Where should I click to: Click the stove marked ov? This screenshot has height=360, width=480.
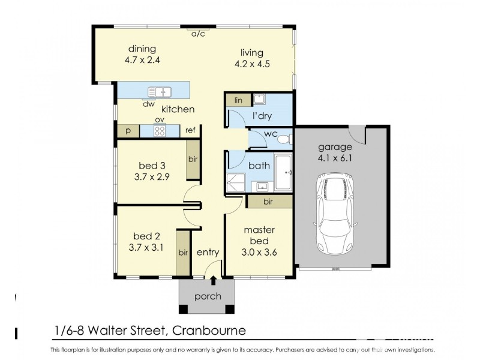pyautogui.click(x=160, y=131)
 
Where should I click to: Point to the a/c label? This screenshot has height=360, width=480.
pyautogui.click(x=198, y=34)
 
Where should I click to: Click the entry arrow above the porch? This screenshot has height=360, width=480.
pyautogui.click(x=213, y=280)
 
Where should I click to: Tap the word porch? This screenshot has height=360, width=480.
pyautogui.click(x=208, y=296)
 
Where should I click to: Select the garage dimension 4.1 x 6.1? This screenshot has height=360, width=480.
pyautogui.click(x=335, y=159)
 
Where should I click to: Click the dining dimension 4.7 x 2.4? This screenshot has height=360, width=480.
pyautogui.click(x=142, y=60)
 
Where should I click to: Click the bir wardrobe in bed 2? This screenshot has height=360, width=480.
pyautogui.click(x=183, y=253)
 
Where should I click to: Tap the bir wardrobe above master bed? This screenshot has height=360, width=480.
pyautogui.click(x=268, y=202)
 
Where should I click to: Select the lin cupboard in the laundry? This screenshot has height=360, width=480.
pyautogui.click(x=238, y=100)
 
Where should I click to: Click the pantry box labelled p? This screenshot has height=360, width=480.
pyautogui.click(x=128, y=131)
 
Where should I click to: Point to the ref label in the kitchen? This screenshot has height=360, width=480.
pyautogui.click(x=190, y=131)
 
